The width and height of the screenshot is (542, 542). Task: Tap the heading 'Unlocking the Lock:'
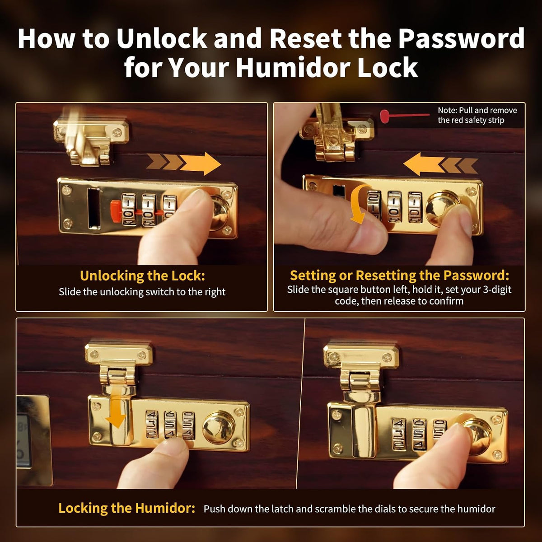click(x=142, y=276)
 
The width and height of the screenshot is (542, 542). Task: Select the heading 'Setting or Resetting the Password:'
click(x=399, y=276)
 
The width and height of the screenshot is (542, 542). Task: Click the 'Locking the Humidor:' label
click(x=126, y=508)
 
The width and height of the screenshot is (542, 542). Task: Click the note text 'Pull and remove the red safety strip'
click(x=477, y=115)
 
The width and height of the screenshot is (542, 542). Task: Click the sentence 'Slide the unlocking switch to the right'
click(x=142, y=292)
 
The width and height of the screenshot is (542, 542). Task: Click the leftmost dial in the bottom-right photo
click(x=399, y=434)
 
